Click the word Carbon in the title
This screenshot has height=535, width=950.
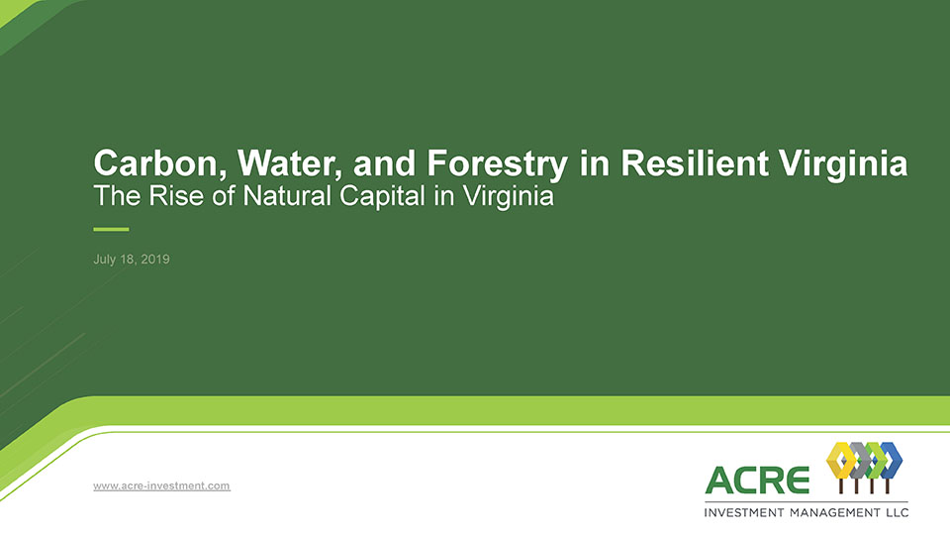[160, 163]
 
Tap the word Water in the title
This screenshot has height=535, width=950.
[289, 163]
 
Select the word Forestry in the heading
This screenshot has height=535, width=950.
[498, 164]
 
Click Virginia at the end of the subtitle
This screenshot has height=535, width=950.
[508, 197]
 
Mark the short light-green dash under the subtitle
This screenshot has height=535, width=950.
[111, 229]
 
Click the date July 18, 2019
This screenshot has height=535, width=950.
[132, 259]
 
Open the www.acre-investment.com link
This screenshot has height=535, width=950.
[161, 485]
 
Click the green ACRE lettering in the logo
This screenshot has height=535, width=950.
[757, 480]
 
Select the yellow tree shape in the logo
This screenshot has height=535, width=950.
[840, 460]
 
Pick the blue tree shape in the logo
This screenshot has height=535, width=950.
[891, 460]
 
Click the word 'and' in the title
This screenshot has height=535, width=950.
[384, 163]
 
